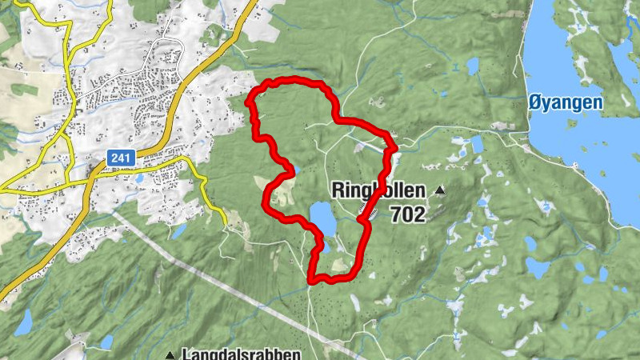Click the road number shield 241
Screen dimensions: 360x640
click(121, 158)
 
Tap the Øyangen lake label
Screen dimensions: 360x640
click(566, 102)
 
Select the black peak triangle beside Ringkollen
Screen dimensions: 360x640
click(440, 191)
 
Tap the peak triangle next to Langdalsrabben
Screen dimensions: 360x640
click(170, 354)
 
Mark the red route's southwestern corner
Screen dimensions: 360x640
click(311, 278)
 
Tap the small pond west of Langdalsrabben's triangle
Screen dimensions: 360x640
click(106, 342)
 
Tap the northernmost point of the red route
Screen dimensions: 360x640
click(292, 79)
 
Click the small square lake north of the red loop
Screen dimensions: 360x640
click(471, 65)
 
